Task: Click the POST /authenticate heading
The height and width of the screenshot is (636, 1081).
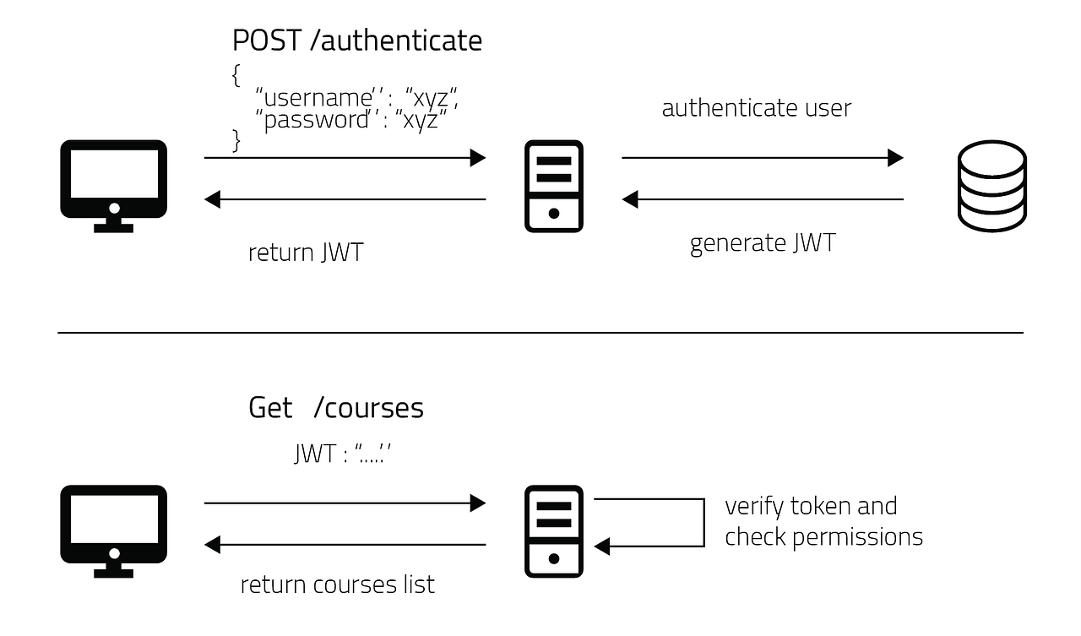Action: [357, 41]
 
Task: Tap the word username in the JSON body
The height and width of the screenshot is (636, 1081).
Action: [318, 99]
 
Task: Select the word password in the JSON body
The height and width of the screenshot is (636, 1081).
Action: [318, 120]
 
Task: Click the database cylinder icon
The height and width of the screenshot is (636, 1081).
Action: [992, 187]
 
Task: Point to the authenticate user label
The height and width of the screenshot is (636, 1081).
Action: [756, 108]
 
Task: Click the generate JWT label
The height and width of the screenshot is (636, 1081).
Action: [762, 243]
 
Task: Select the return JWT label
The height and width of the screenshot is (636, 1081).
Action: [306, 252]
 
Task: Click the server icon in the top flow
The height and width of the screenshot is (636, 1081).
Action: [554, 186]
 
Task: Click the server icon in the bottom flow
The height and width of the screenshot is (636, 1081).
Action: [554, 530]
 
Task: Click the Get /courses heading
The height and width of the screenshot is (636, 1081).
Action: [336, 408]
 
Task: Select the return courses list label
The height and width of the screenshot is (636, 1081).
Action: [338, 584]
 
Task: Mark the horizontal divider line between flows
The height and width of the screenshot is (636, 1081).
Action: [540, 333]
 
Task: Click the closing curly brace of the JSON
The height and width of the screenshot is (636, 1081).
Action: [236, 140]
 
